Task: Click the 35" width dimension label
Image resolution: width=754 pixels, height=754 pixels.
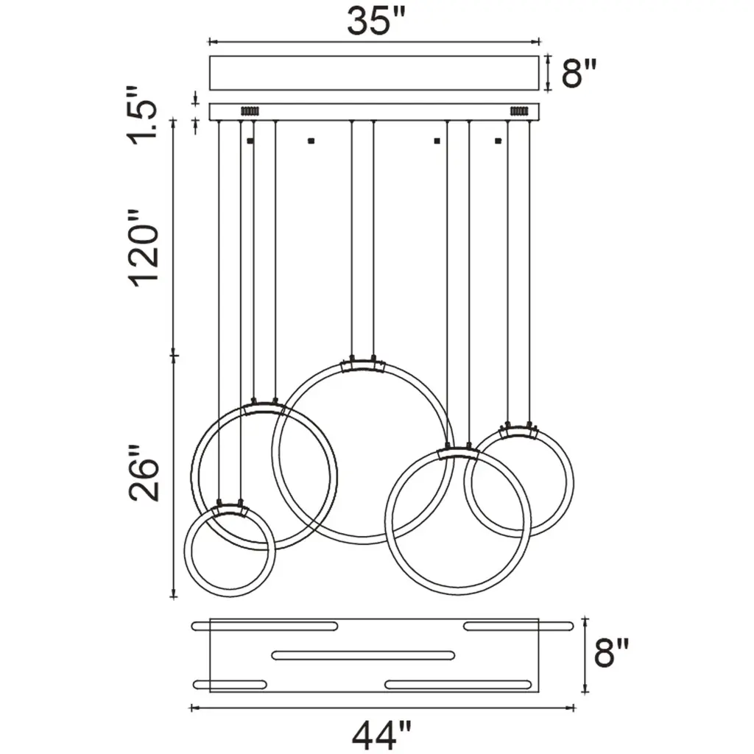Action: click(376, 21)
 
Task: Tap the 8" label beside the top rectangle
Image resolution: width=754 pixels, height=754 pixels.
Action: click(579, 73)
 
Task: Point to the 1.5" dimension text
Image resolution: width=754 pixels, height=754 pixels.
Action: click(143, 112)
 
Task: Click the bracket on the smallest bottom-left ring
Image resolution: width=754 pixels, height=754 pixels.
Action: click(230, 508)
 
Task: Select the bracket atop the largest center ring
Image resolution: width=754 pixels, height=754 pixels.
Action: click(362, 364)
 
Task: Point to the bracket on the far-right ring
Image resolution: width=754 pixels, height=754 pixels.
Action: click(518, 430)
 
